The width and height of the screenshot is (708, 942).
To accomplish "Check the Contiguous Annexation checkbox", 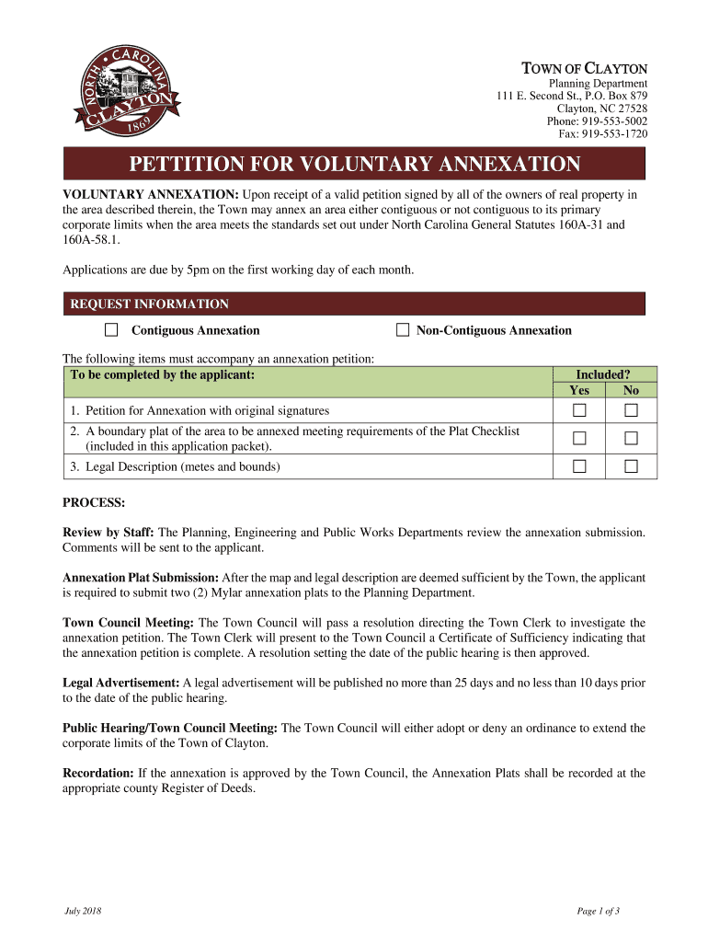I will click(x=111, y=330).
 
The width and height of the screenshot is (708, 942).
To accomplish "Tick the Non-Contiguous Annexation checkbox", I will click(x=402, y=330).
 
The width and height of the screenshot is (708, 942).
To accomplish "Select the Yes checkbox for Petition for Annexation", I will click(x=579, y=410).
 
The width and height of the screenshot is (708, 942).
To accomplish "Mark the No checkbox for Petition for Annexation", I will click(x=631, y=410).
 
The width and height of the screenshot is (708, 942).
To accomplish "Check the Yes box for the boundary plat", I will click(x=579, y=438).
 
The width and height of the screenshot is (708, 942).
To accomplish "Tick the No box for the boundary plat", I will click(x=631, y=438).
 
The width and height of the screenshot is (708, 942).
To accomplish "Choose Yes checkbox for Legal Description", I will click(x=579, y=466).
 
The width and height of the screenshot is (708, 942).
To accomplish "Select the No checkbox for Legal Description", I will click(x=631, y=466).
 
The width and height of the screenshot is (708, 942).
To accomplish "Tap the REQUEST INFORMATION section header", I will click(x=150, y=304).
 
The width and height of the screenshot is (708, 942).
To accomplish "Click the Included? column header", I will click(x=603, y=374).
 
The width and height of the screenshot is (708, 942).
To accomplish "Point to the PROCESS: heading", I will click(x=93, y=503).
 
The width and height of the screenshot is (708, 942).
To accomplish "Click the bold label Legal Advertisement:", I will click(x=120, y=684).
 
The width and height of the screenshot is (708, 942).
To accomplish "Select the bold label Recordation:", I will click(x=97, y=774).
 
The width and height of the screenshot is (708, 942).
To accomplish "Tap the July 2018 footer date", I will click(x=83, y=912).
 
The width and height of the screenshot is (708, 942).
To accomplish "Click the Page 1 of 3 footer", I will click(x=599, y=912).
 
